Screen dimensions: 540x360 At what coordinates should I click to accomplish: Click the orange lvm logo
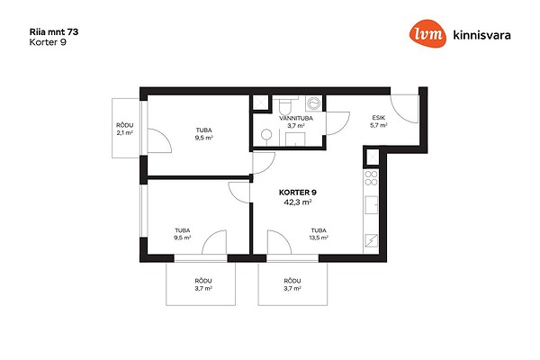tap(428, 34)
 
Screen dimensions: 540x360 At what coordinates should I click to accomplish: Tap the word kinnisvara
tap(481, 35)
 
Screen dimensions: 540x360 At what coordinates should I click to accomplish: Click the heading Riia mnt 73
tap(54, 32)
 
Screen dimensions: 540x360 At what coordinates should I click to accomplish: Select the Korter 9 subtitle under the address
tap(48, 42)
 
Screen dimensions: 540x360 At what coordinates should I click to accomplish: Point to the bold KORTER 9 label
tap(298, 193)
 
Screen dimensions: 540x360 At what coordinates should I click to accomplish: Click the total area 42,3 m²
tap(298, 202)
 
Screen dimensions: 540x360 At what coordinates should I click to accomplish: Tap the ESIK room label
tap(379, 118)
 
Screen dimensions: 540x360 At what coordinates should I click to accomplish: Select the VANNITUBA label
tap(296, 118)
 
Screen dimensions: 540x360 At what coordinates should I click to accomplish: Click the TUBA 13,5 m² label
tap(319, 234)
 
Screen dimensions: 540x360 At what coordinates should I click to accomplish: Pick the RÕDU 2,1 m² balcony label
tap(125, 130)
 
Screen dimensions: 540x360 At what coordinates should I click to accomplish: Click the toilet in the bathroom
tap(284, 105)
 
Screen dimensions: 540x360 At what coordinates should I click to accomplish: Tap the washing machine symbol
tap(314, 103)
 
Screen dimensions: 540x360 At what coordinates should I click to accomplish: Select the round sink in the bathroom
tap(266, 134)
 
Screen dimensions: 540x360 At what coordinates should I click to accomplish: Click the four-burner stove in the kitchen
tap(371, 177)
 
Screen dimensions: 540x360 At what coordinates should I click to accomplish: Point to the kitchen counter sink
tap(371, 205)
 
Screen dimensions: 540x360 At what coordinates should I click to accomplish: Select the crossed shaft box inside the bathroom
tap(261, 103)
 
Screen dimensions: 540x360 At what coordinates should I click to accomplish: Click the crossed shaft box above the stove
tap(372, 157)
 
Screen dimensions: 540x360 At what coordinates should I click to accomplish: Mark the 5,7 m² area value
tap(379, 125)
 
